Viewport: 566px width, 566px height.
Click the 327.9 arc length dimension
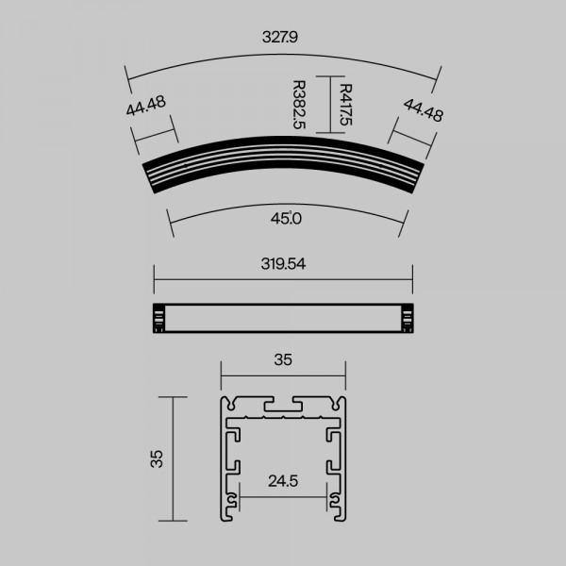(280, 37)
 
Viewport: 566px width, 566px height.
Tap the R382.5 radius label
(299, 105)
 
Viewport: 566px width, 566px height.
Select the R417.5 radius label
(346, 105)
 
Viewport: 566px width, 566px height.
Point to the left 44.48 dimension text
(146, 106)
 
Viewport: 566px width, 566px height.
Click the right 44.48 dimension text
(423, 110)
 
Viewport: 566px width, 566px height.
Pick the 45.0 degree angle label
(286, 219)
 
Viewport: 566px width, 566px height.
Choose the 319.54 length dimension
(283, 264)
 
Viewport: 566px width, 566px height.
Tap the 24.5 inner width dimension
(283, 481)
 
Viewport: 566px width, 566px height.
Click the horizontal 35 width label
(283, 359)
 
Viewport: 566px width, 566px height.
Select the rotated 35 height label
(157, 458)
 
